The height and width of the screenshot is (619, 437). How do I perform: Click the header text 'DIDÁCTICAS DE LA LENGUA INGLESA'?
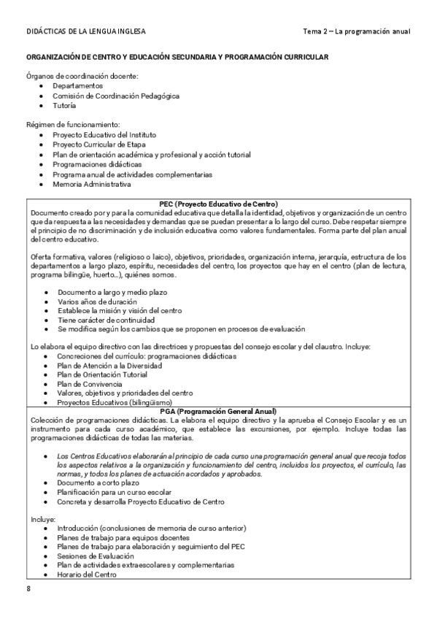pos(85,32)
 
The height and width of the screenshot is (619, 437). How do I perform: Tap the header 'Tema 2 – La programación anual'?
pos(356,32)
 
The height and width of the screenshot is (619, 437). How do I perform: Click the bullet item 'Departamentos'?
pos(77,85)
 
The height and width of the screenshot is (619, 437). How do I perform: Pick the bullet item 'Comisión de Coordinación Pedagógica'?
pos(115,96)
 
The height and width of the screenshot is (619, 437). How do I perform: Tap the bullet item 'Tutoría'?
pos(64,106)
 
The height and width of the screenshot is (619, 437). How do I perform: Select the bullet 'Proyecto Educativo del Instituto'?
pos(104,135)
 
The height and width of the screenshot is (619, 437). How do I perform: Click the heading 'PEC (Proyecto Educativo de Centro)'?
pos(219,203)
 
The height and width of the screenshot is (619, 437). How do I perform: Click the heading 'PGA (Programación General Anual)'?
pos(219,412)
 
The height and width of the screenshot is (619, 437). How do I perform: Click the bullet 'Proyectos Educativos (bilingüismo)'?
pos(115,402)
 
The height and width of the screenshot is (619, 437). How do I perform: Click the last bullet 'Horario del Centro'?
pos(88,574)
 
